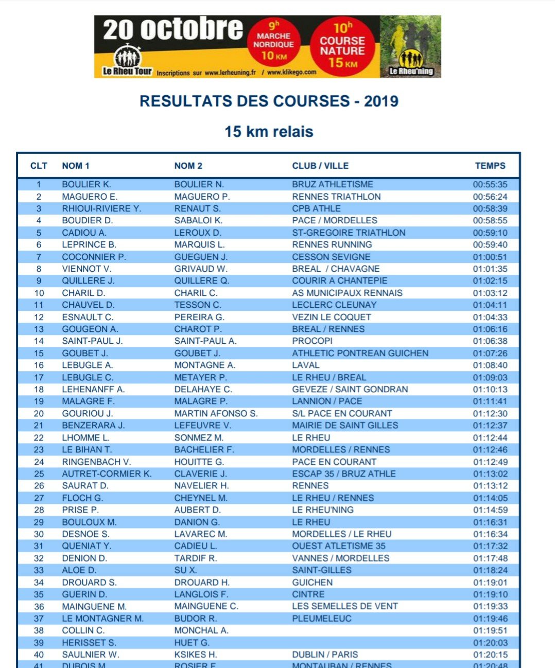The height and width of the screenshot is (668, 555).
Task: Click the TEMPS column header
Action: click(x=490, y=166)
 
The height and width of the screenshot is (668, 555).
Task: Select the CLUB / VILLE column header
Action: click(x=320, y=166)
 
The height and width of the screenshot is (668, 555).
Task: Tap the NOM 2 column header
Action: click(x=188, y=166)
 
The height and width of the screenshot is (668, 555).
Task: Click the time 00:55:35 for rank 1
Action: click(x=490, y=184)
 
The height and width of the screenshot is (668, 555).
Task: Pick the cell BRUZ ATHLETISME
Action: click(x=333, y=184)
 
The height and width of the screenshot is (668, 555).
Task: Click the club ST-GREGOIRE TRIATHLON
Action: click(x=349, y=233)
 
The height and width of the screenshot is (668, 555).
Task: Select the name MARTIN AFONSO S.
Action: click(x=216, y=413)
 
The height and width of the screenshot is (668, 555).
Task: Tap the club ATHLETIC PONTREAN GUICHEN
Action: click(x=360, y=353)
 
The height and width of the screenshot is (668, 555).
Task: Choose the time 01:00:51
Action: click(x=490, y=257)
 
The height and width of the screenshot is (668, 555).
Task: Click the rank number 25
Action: click(x=39, y=473)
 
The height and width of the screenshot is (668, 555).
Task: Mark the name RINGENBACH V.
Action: click(x=96, y=462)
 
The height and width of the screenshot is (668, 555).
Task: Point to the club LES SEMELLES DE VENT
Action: click(x=345, y=606)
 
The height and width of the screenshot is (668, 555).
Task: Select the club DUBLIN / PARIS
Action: click(x=325, y=655)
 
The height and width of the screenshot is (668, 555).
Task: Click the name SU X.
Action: click(x=185, y=570)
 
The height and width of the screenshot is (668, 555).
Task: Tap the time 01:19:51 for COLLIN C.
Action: click(x=490, y=630)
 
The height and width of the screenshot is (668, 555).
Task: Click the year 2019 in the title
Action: click(x=381, y=101)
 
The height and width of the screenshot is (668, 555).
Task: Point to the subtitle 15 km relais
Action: click(x=269, y=132)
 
